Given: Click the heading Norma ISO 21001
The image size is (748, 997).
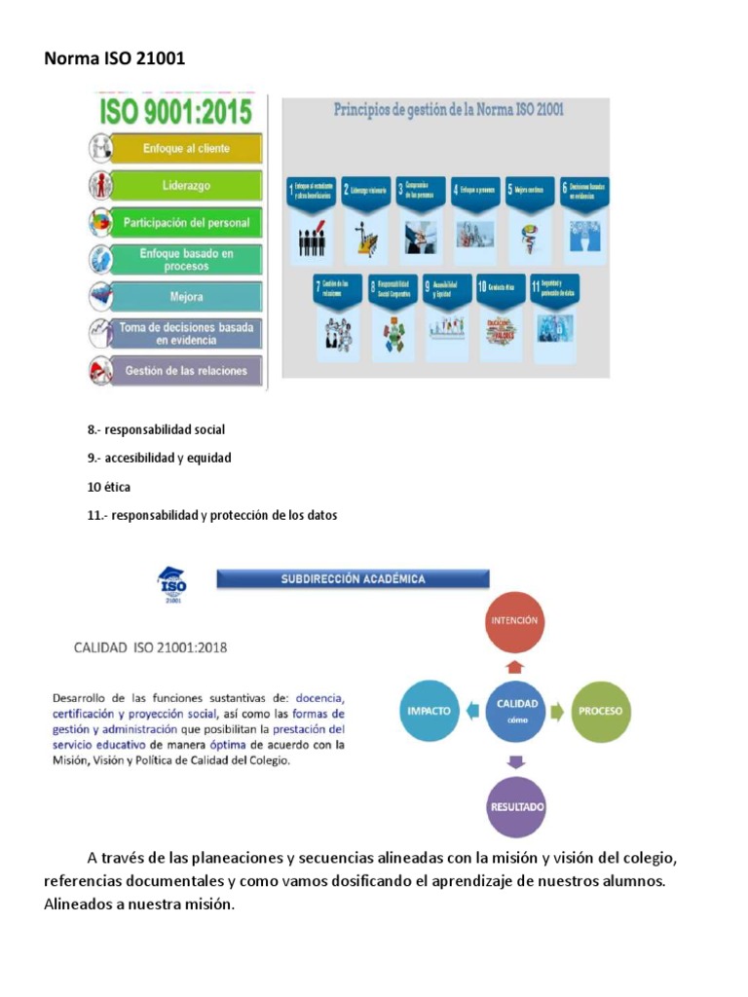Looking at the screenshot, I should pyautogui.click(x=114, y=59).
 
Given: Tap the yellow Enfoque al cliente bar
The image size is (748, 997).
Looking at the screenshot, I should pyautogui.click(x=186, y=148).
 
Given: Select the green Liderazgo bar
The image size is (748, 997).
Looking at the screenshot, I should pyautogui.click(x=186, y=185).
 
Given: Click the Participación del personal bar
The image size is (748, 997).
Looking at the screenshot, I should pyautogui.click(x=186, y=223).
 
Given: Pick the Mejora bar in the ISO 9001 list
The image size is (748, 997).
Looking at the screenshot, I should pyautogui.click(x=186, y=297).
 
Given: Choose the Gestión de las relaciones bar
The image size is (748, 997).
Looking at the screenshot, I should pyautogui.click(x=186, y=371).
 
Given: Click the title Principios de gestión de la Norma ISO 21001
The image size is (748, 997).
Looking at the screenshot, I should pyautogui.click(x=449, y=111).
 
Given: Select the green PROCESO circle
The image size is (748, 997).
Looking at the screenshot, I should pyautogui.click(x=600, y=710).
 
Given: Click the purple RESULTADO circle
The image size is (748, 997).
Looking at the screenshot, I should pyautogui.click(x=516, y=807).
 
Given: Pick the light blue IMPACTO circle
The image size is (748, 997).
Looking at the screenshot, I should pyautogui.click(x=430, y=710).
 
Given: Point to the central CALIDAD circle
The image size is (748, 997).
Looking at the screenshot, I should pyautogui.click(x=516, y=708).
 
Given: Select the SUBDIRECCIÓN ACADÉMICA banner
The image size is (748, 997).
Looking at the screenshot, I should pyautogui.click(x=353, y=579).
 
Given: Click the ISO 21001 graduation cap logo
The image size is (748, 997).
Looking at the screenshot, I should pyautogui.click(x=171, y=584).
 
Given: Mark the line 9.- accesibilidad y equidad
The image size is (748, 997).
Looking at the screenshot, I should pyautogui.click(x=160, y=458).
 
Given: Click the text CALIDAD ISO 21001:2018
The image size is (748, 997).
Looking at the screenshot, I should pyautogui.click(x=151, y=646).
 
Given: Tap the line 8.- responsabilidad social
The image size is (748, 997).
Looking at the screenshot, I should pyautogui.click(x=156, y=428).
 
